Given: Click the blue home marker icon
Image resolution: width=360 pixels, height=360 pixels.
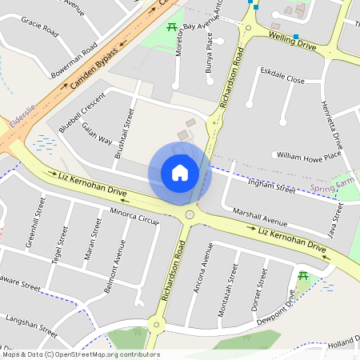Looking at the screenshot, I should click(179, 173).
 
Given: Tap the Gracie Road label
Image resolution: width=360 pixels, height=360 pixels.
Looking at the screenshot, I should click(40, 27).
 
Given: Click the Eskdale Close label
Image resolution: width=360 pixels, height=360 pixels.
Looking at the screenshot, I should click(282, 80).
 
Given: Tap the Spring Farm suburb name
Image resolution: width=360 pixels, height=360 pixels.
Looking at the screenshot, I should click(330, 187).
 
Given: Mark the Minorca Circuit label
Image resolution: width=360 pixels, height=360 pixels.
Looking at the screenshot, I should click(134, 218).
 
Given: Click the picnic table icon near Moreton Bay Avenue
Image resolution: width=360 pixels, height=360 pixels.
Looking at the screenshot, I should click(172, 28).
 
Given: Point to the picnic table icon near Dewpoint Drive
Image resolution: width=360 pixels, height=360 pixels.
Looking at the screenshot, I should click(304, 276).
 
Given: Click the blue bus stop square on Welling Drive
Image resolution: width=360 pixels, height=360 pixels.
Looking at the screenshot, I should click(295, 37).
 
